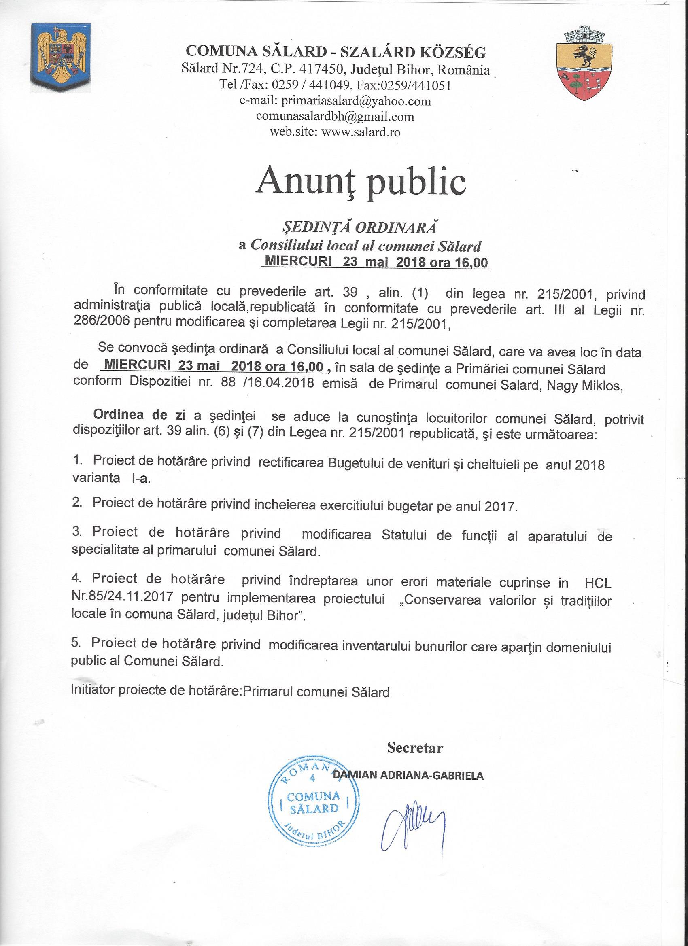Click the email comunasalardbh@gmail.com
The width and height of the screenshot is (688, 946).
[x=336, y=117]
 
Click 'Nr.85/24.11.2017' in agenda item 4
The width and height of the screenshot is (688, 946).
[x=123, y=597]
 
